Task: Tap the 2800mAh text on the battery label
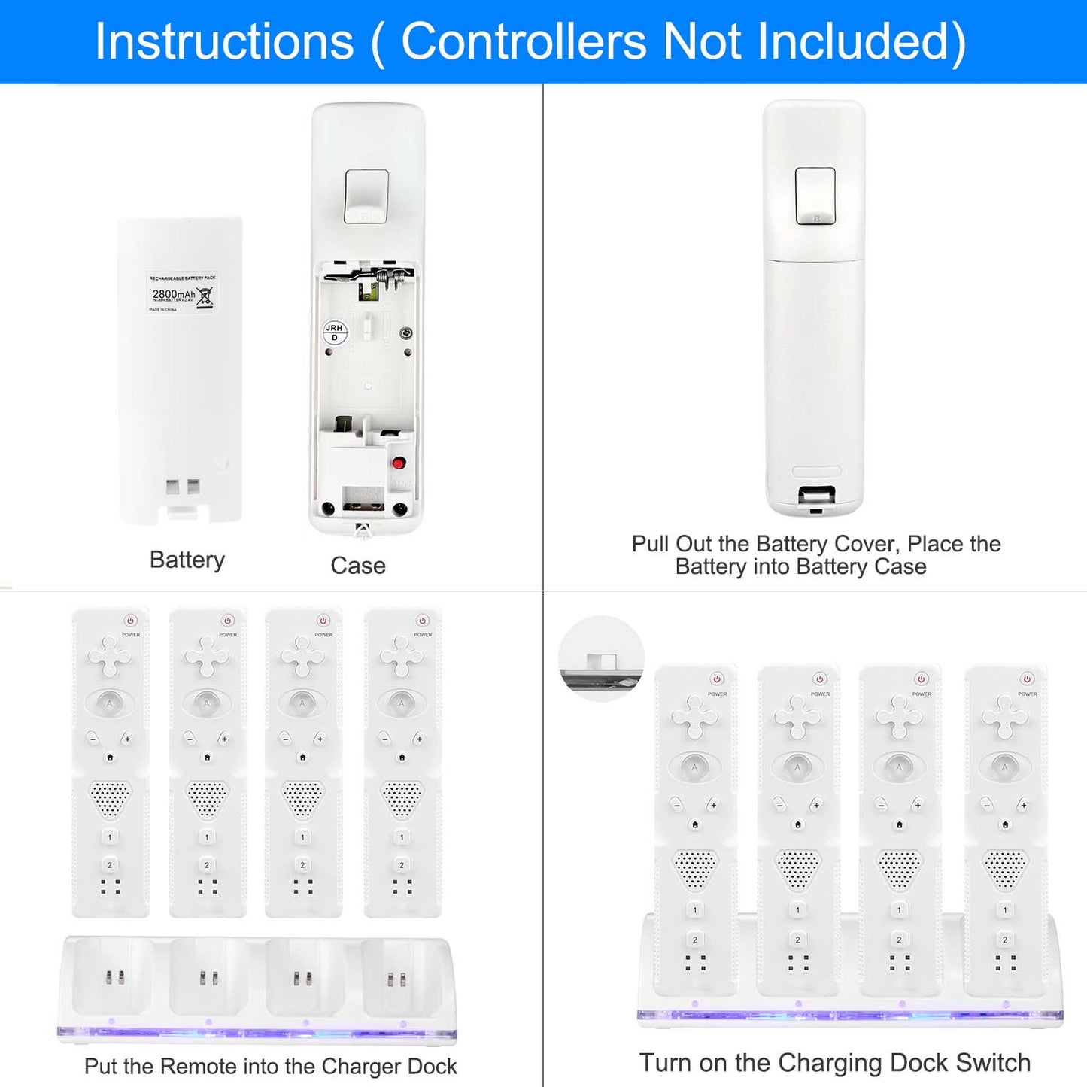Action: (x=173, y=294)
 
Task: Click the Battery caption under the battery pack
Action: (x=187, y=560)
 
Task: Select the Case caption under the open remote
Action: (x=358, y=566)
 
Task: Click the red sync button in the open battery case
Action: (x=399, y=463)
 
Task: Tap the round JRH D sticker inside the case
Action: (x=335, y=332)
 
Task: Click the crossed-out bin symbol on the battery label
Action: (x=205, y=296)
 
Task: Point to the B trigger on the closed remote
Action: (x=815, y=196)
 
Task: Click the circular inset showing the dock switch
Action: (x=601, y=659)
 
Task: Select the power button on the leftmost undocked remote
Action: (x=131, y=621)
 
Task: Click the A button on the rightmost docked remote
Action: (x=1005, y=767)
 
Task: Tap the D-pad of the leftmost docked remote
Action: (x=695, y=716)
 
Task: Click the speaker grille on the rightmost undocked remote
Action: (x=402, y=798)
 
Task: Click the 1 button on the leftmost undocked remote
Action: (x=110, y=837)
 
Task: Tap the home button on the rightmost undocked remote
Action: (x=402, y=758)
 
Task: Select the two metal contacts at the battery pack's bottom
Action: (x=183, y=487)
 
